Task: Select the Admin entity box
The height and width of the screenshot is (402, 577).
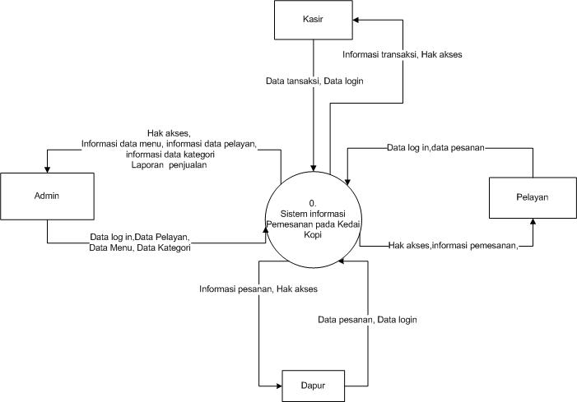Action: pos(46,196)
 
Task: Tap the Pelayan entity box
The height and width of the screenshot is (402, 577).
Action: pos(533,197)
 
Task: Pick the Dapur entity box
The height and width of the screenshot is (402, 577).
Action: pos(314,383)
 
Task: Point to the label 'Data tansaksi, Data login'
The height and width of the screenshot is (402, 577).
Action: pos(314,81)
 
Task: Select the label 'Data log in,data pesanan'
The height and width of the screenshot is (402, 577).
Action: pos(435,149)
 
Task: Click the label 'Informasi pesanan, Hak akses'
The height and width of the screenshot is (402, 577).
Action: pos(258,289)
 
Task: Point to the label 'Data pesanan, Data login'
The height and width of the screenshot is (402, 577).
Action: pos(368,318)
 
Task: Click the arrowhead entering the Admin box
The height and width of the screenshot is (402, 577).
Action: pos(46,169)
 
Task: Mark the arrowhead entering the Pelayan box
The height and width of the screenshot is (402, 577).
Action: pos(533,223)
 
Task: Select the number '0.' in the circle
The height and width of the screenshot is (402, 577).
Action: pos(313,201)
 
